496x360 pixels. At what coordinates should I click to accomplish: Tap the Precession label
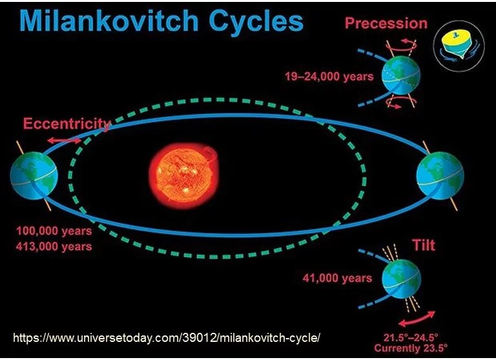pos(386,23)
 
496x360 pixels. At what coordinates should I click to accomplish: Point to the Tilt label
pos(424,245)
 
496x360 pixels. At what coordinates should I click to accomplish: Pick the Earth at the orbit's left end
pos(34,175)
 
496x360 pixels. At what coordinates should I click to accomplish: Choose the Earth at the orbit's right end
pos(440,174)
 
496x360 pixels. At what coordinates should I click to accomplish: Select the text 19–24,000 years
pos(329,76)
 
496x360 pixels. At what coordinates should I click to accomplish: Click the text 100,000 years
pos(54,231)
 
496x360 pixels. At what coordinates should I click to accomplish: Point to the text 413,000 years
pos(54,246)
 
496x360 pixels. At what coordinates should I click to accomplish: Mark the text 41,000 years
pos(337,279)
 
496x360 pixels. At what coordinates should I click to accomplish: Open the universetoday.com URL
pos(167,337)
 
